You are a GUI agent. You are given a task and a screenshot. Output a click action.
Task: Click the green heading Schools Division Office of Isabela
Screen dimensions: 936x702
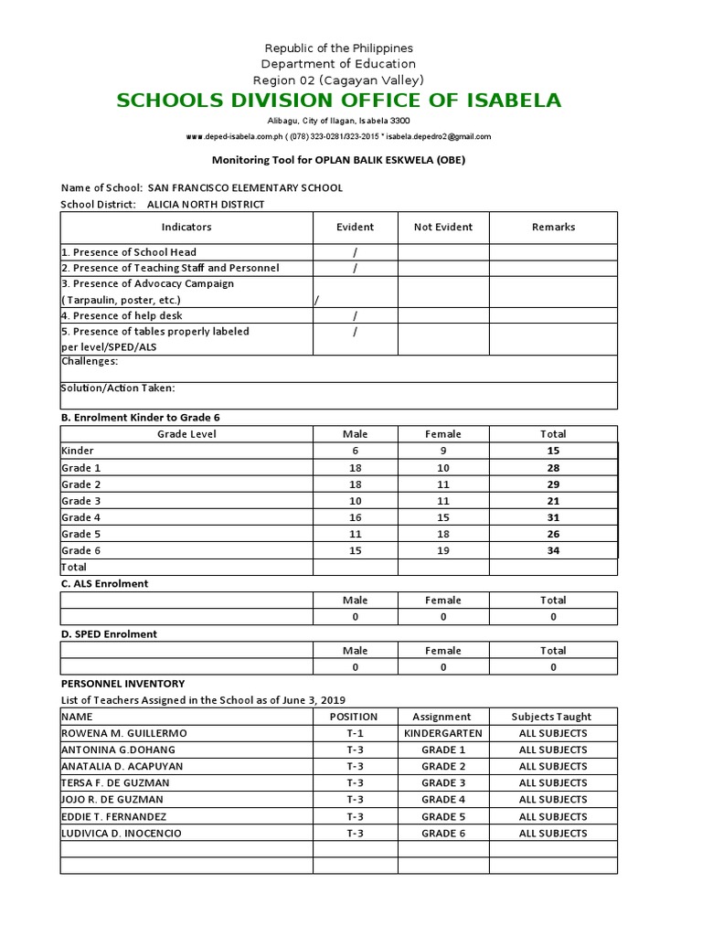(338, 101)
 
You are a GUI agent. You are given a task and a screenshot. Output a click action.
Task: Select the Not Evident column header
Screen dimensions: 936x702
(443, 227)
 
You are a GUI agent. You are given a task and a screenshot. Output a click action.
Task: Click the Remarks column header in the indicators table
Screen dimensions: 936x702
(553, 227)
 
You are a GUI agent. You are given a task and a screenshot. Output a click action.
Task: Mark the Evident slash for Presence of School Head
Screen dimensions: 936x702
(355, 252)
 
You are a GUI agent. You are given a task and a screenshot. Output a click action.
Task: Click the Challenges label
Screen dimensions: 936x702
(90, 361)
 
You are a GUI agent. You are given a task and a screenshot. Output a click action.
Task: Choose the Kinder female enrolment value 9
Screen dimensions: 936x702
(443, 451)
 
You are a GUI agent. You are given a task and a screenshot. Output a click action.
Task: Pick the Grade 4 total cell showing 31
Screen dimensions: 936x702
(553, 517)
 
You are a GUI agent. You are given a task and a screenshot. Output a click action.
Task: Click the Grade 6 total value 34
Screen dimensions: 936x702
(553, 550)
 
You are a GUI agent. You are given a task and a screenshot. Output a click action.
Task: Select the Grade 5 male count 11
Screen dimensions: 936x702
(355, 534)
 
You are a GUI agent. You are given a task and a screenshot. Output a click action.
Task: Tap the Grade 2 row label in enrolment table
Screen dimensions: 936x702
(76, 484)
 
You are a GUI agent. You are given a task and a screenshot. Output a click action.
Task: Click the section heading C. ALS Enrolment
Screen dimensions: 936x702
(104, 583)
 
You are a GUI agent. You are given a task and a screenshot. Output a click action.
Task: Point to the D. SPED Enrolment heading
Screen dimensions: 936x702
(109, 633)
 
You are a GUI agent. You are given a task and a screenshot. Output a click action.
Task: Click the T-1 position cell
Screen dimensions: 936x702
(355, 733)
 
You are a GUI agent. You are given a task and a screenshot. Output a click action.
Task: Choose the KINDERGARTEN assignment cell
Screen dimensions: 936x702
(443, 733)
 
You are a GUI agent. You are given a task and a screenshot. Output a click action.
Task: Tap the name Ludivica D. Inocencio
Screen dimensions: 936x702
(122, 833)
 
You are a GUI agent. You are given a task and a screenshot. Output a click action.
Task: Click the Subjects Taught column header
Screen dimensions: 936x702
(552, 717)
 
